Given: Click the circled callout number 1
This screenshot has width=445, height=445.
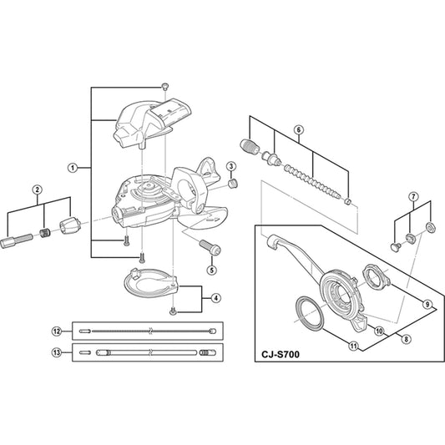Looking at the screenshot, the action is tap(73, 168).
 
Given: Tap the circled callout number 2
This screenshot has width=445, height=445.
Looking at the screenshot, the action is tap(38, 190).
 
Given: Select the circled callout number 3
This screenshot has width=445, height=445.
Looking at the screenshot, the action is tap(230, 166).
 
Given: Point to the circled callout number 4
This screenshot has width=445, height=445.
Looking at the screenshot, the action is tap(216, 298).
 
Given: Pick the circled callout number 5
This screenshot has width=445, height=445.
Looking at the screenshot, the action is tap(212, 270).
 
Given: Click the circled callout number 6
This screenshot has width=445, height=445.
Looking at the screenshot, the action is tap(299, 130).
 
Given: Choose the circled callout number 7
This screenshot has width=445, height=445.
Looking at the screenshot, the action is tap(413, 196).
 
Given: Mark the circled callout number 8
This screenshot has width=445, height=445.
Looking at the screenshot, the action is tap(407, 339).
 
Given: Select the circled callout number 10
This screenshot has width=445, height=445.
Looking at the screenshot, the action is tap(379, 331).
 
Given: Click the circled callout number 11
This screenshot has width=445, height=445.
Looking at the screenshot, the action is tap(353, 346).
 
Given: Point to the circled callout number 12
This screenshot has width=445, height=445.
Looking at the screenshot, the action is tap(57, 331).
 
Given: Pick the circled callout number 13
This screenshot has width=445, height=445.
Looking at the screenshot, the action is tap(57, 353).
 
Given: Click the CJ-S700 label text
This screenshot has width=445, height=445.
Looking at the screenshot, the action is tap(281, 355).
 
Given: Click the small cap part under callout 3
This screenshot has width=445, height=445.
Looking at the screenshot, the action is tap(233, 184).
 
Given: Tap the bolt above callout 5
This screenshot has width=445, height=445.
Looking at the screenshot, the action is tap(210, 247).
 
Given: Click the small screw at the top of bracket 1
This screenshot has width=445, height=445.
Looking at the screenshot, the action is tap(164, 86).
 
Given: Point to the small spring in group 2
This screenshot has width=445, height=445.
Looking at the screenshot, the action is tap(44, 233).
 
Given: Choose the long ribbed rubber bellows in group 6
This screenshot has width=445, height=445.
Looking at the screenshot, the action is tap(312, 181).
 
